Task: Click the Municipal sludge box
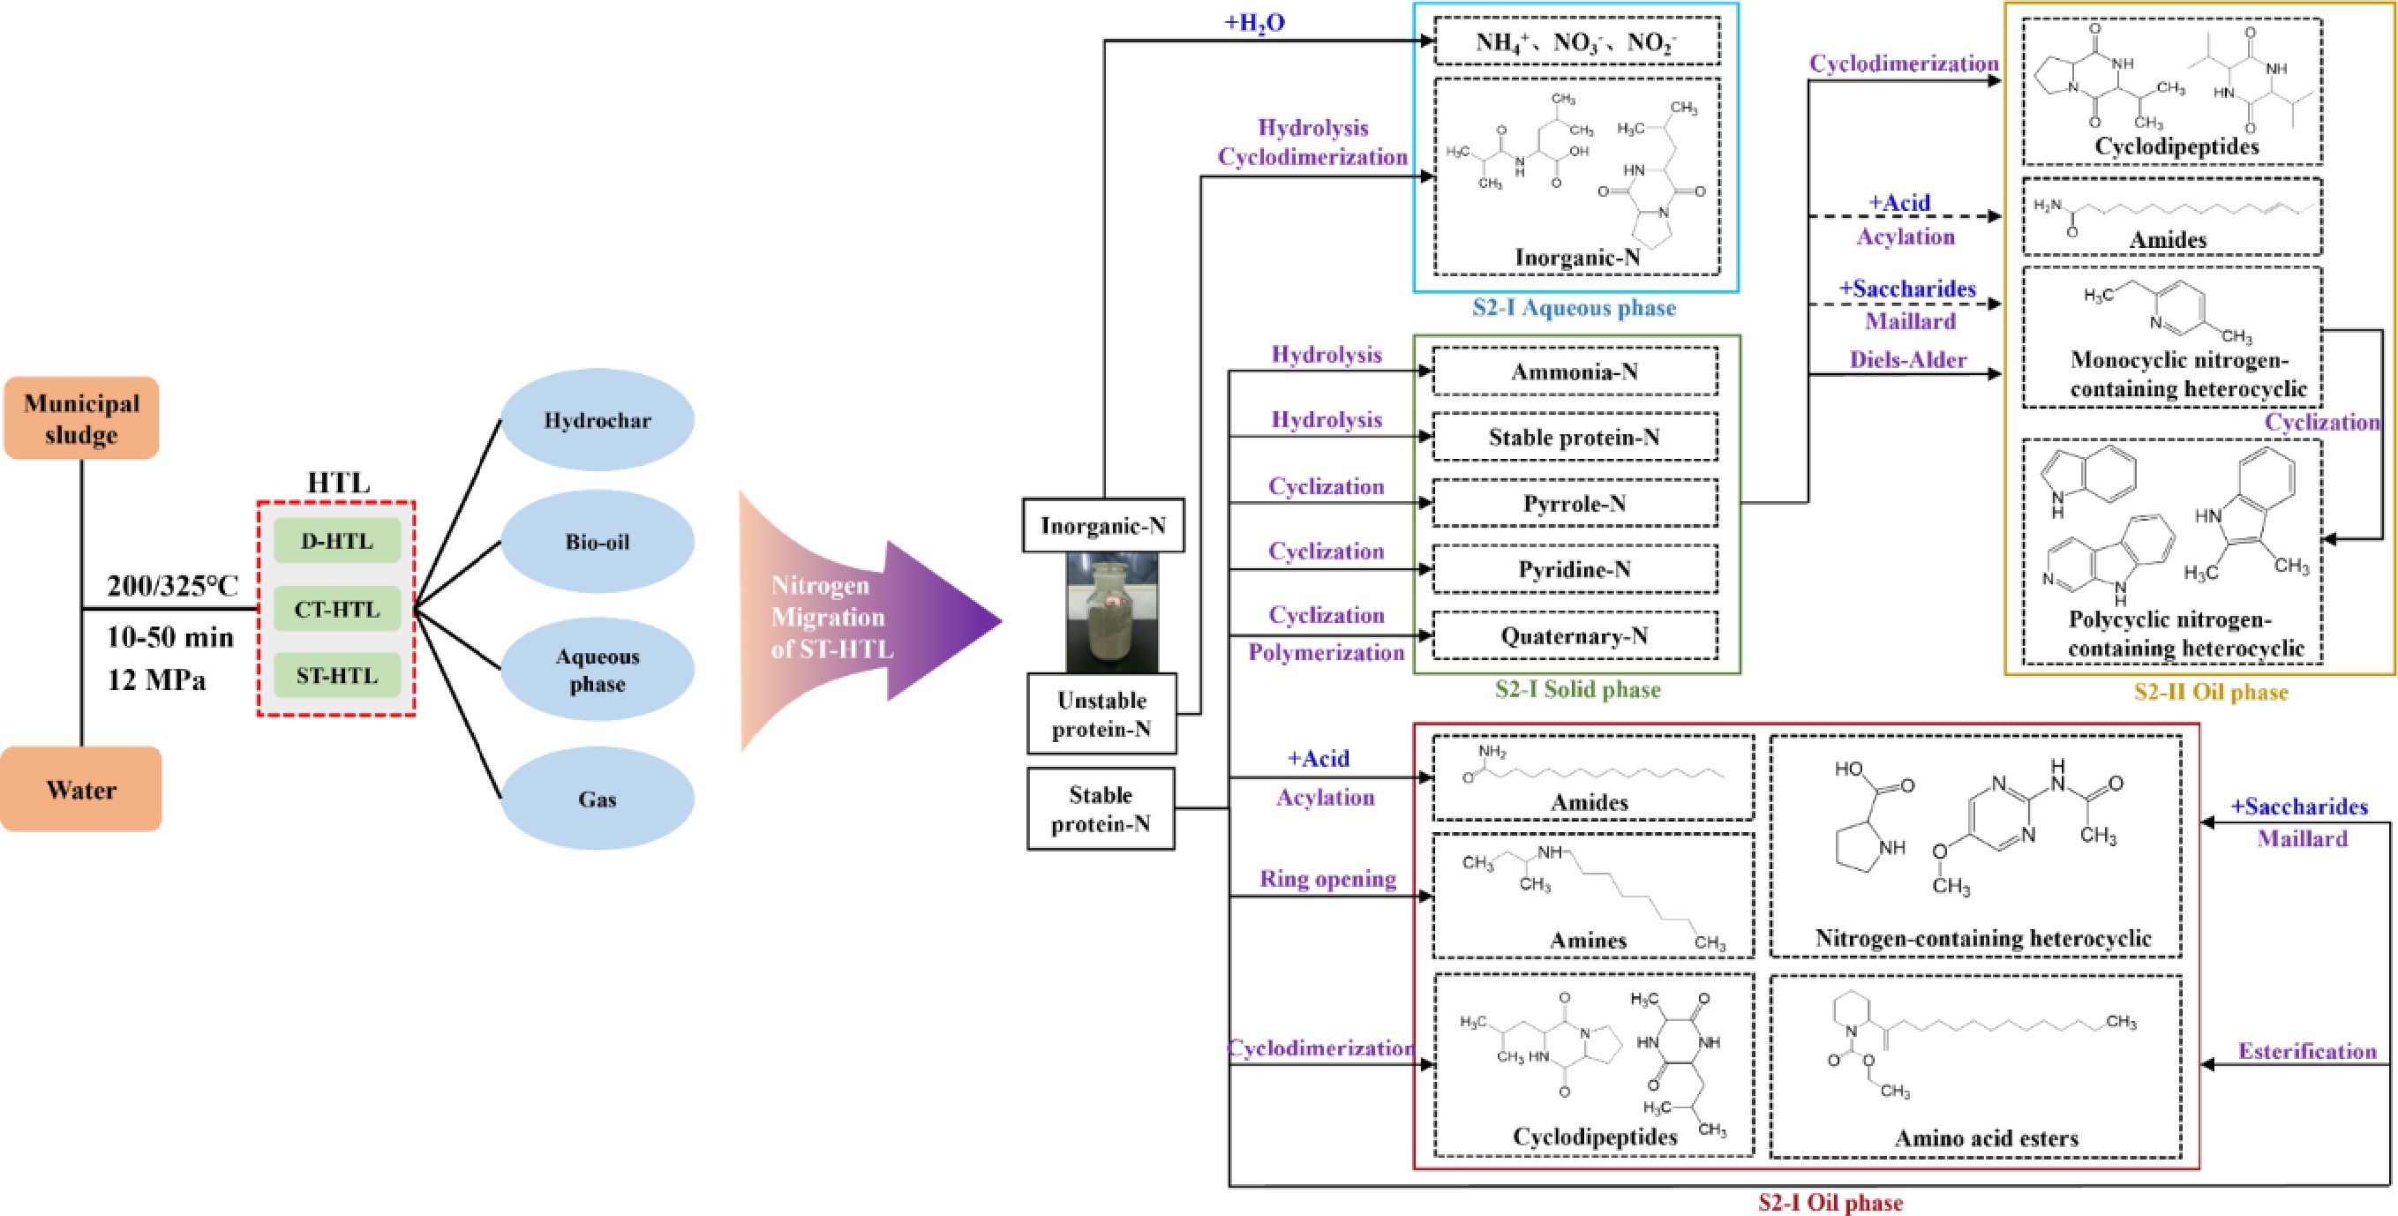click(x=81, y=418)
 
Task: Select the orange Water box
click(x=81, y=790)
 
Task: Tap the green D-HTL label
click(x=337, y=541)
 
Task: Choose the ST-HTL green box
click(x=337, y=675)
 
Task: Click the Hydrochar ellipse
click(x=598, y=420)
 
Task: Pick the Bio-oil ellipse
click(x=598, y=542)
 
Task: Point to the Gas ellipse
click(x=598, y=799)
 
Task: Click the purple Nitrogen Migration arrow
click(x=866, y=619)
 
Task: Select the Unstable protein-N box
click(x=1102, y=714)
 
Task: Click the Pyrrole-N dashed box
click(x=1575, y=504)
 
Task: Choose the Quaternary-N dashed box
click(x=1575, y=636)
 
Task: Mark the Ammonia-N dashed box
click(x=1575, y=372)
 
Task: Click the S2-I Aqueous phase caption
click(x=1575, y=308)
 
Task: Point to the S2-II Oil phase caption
click(x=2211, y=692)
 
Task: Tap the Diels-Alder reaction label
click(x=1907, y=359)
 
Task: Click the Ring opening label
click(x=1327, y=879)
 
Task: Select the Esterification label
click(x=2307, y=1051)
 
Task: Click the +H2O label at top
click(x=1255, y=22)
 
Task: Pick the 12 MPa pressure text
click(x=156, y=679)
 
